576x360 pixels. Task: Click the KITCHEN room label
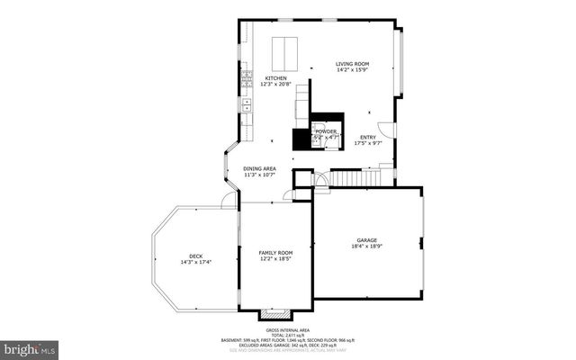(x=275, y=78)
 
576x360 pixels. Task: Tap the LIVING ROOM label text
(x=353, y=64)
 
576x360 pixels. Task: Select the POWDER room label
(x=326, y=131)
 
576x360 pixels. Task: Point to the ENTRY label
(x=369, y=137)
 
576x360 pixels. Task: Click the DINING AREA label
(x=259, y=169)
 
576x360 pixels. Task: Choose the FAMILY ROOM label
(x=276, y=253)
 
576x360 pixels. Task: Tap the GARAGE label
(x=366, y=240)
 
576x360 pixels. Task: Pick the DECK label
(x=195, y=256)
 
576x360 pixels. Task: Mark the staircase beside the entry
(x=359, y=177)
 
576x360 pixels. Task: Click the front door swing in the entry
(x=385, y=130)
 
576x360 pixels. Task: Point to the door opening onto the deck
(x=229, y=199)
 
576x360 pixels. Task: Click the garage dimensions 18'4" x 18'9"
(x=366, y=246)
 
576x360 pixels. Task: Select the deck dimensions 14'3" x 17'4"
(x=195, y=262)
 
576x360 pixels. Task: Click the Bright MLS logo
(x=29, y=347)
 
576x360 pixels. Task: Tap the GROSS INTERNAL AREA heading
(x=288, y=328)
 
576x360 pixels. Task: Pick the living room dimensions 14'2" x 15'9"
(x=353, y=70)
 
